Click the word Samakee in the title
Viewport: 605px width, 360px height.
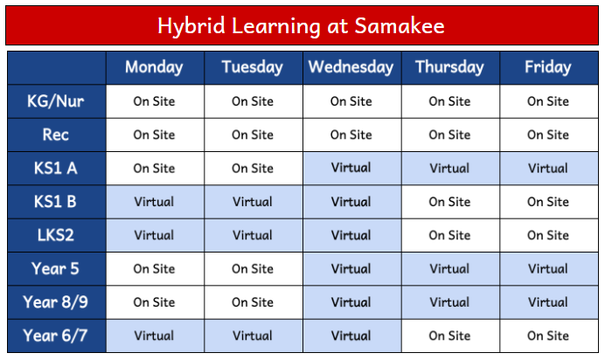(x=400, y=26)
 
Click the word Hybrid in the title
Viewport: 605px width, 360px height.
(x=191, y=26)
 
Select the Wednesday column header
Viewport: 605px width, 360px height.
(x=351, y=67)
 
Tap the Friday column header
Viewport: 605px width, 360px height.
(x=548, y=67)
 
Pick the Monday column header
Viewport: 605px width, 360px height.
(x=154, y=67)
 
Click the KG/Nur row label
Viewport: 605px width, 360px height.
(x=56, y=101)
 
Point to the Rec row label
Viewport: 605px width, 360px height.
(x=56, y=135)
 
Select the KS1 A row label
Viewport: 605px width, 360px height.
(x=56, y=169)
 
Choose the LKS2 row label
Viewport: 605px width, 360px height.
(x=56, y=235)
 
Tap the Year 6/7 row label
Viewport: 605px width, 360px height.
(x=55, y=336)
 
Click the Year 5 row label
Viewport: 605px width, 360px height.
(x=55, y=268)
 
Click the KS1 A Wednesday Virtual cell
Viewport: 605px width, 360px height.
(x=351, y=168)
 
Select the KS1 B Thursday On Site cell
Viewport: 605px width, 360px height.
(x=450, y=202)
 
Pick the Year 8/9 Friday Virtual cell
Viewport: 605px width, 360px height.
(x=549, y=302)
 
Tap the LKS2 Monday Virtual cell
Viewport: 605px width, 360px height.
(x=155, y=235)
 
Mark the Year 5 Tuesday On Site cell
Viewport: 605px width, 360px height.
(x=254, y=268)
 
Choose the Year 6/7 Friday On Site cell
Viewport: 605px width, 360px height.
(x=549, y=336)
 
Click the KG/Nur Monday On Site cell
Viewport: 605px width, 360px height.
(x=155, y=101)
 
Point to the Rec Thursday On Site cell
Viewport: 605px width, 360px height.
(x=450, y=135)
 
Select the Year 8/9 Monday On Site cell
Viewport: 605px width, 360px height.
(x=155, y=302)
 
